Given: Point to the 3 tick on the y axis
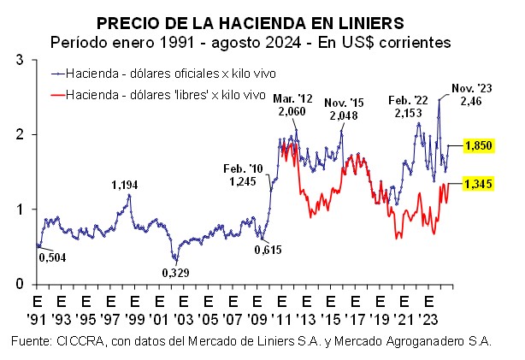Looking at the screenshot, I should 22,59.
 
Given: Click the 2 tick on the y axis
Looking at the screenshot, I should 22,134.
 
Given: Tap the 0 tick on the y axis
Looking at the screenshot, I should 22,284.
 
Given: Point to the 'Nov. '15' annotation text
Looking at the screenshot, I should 345,103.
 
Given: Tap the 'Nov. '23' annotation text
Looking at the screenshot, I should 473,88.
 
